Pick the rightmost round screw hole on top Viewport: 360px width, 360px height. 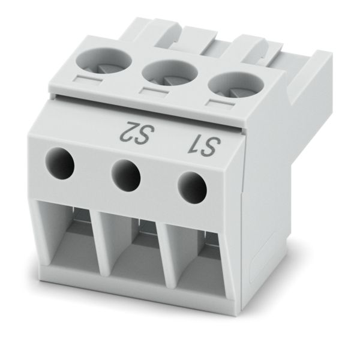(236, 85)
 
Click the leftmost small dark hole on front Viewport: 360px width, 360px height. (61, 163)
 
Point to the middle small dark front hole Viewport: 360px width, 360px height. (126, 176)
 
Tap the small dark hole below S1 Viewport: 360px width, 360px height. (193, 188)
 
